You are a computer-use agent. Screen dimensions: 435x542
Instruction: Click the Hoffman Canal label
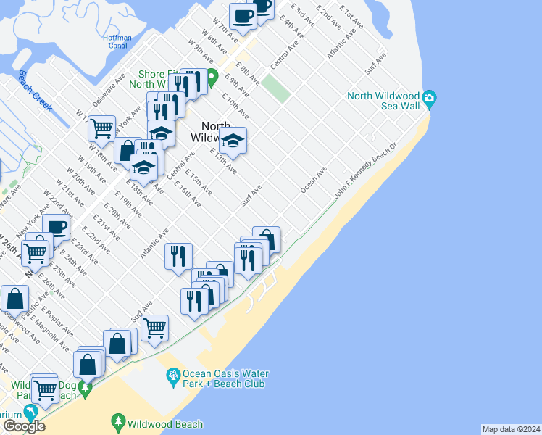117,41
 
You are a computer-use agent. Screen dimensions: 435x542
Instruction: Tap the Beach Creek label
35,91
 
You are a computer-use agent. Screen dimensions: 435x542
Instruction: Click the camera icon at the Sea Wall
430,98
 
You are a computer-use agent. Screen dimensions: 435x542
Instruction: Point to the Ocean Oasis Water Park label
225,378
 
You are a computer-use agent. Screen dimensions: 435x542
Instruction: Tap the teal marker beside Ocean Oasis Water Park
173,376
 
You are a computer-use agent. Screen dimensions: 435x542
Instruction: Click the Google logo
23,426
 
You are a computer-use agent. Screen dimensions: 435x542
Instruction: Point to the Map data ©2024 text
511,429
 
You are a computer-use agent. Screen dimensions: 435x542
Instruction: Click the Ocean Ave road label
314,181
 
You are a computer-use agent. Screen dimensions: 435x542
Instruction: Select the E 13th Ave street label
222,162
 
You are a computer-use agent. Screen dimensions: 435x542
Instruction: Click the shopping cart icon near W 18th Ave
101,128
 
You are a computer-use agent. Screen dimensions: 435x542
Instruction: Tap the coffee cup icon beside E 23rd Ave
56,226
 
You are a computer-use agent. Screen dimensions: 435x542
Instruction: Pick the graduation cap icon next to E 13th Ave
233,139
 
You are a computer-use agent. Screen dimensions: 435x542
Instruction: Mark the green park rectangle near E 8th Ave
275,88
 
